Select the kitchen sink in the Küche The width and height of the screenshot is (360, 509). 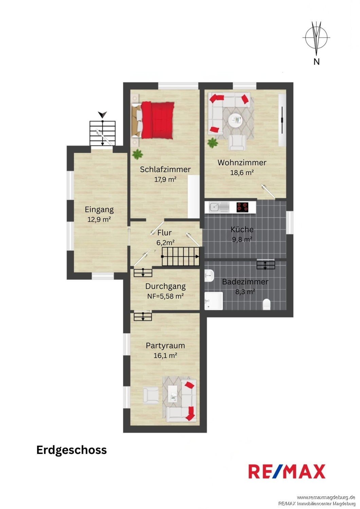(219, 207)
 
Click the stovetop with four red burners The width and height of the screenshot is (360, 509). (242, 207)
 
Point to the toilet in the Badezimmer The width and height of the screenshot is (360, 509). (267, 304)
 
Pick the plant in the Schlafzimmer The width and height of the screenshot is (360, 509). (138, 154)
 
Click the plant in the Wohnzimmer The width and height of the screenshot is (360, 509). (213, 143)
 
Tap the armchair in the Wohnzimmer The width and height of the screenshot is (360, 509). (237, 143)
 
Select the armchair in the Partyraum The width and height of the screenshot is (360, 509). (150, 396)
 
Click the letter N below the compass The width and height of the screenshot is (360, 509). (316, 61)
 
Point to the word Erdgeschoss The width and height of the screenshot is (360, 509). (71, 450)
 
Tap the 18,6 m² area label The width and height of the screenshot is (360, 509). (242, 173)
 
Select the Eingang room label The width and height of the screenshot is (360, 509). (99, 210)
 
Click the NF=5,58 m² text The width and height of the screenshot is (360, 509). (165, 296)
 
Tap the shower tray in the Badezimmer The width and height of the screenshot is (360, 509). (214, 301)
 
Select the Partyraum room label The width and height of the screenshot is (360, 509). (165, 346)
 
